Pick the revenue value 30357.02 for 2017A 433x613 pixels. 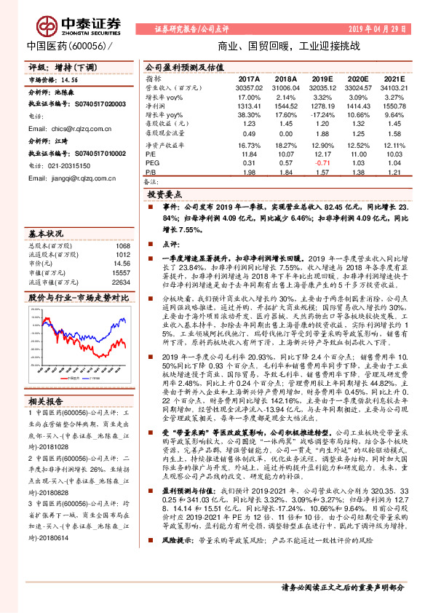click(x=248, y=87)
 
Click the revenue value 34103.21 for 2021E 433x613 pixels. click(x=393, y=87)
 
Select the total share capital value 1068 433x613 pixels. click(x=123, y=245)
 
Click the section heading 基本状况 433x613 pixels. click(x=47, y=234)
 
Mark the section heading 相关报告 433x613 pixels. click(x=47, y=400)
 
